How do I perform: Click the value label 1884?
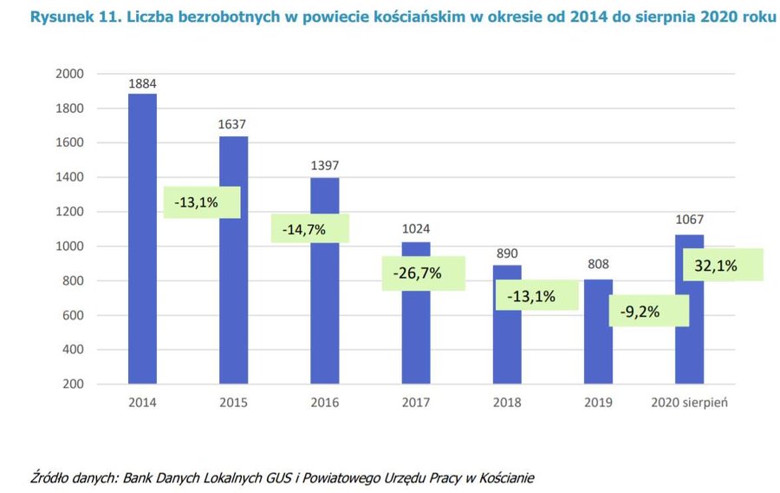pos(142,84)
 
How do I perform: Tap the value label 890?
pos(507,255)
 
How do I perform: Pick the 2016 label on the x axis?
pos(325,403)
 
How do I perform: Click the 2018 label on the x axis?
pos(507,403)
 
